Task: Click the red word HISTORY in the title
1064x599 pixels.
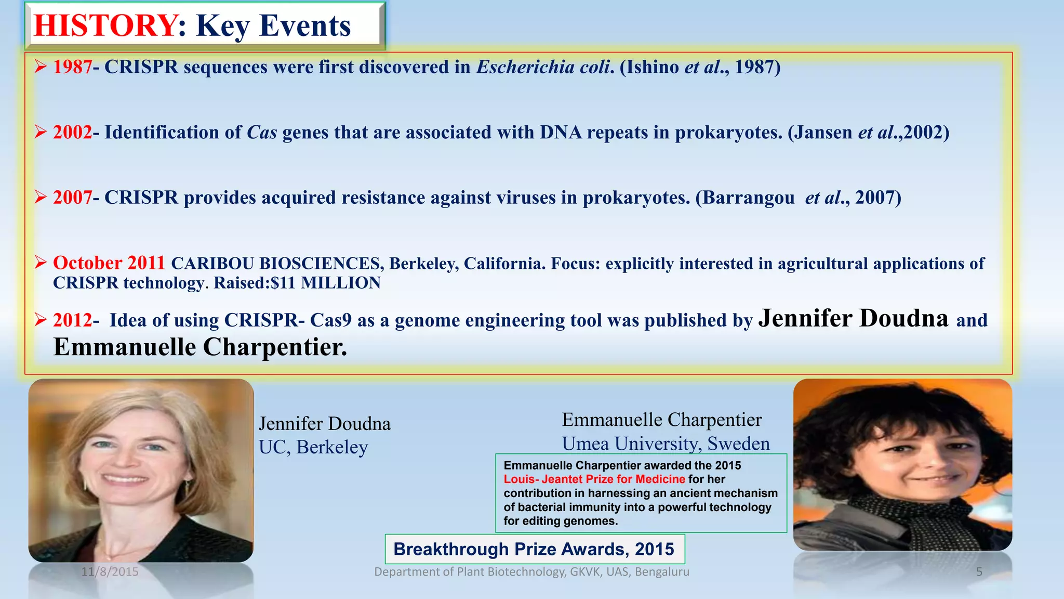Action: (x=105, y=25)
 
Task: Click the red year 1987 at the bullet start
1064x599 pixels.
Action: (x=72, y=67)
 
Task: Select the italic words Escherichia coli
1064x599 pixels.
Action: (x=543, y=67)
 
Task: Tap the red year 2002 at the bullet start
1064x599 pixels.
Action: (x=72, y=133)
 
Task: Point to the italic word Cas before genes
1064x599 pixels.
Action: (x=261, y=133)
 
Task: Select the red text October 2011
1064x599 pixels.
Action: (x=109, y=263)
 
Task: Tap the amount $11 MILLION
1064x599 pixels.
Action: (x=326, y=283)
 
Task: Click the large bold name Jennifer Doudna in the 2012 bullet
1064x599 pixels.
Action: (x=853, y=318)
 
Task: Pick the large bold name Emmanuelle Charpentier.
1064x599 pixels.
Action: (x=200, y=347)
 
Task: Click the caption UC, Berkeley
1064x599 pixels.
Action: (x=313, y=447)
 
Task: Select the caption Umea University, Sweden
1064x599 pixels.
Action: (x=666, y=444)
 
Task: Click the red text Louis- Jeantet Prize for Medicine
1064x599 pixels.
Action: (x=594, y=479)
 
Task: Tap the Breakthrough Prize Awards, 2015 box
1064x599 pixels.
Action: (x=534, y=549)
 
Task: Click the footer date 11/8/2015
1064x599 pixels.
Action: (x=110, y=572)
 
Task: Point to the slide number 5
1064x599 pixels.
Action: (x=979, y=572)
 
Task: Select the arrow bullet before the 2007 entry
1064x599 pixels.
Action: (x=41, y=198)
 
